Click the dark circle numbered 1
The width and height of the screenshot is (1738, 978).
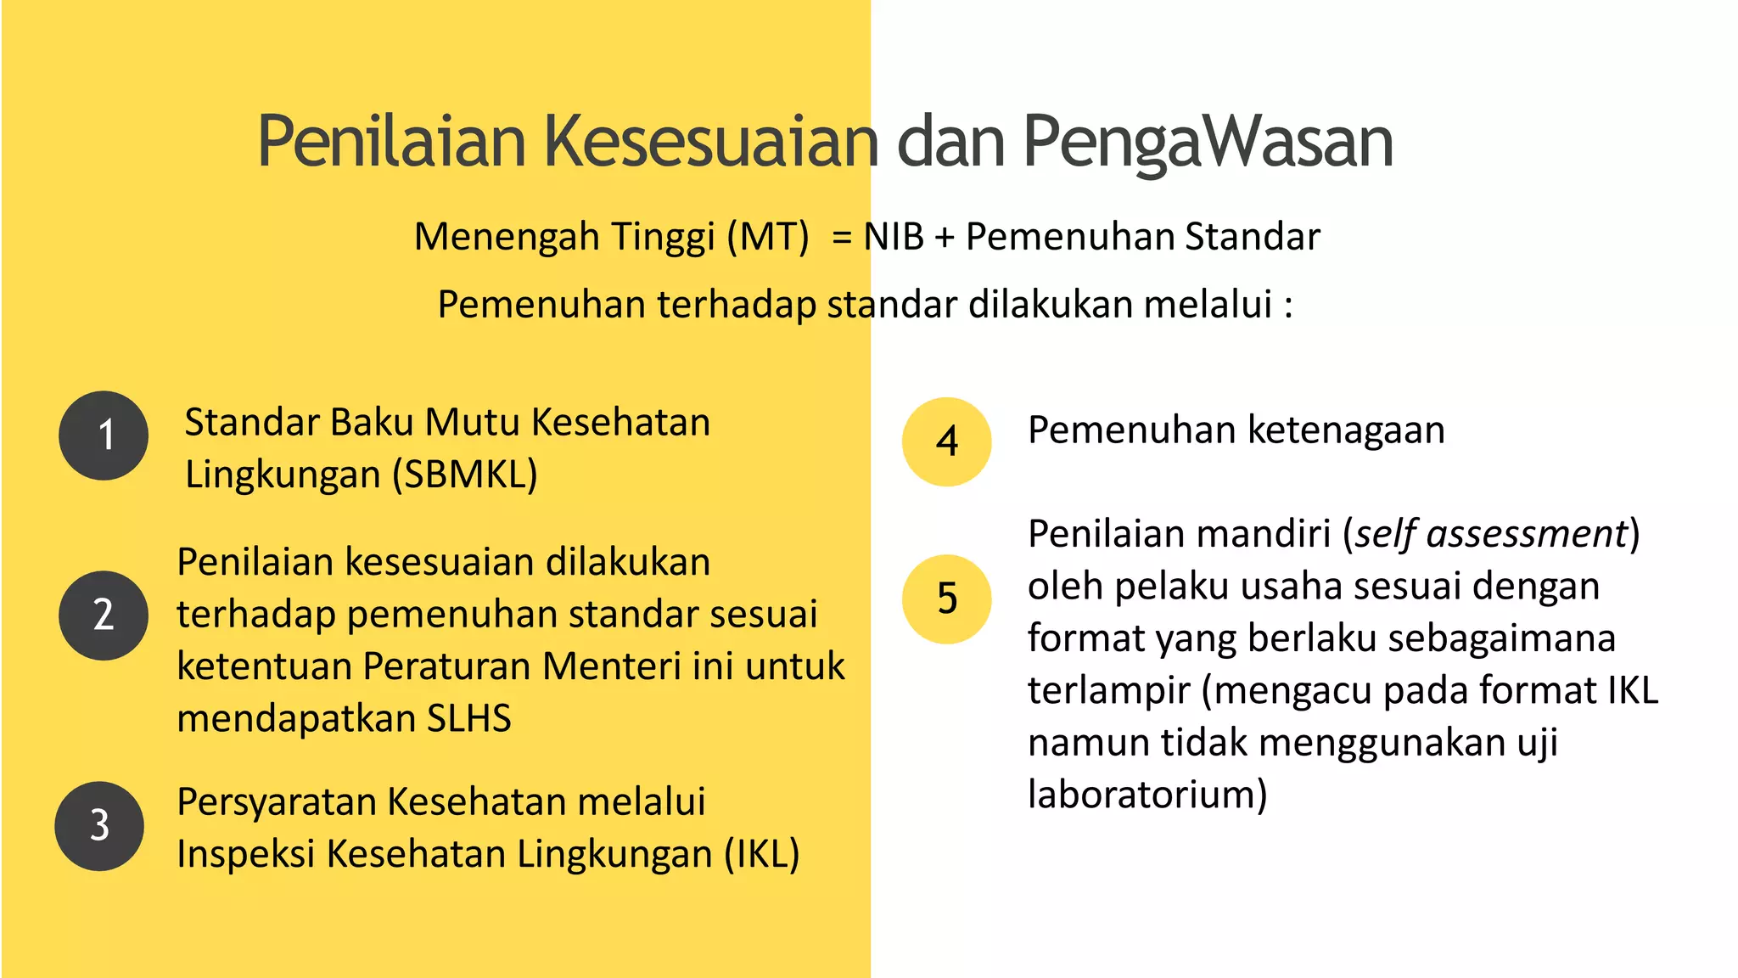104,436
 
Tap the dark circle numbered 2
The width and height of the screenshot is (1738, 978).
104,615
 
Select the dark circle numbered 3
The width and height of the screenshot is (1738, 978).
99,826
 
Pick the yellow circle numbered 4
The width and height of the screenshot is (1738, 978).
946,441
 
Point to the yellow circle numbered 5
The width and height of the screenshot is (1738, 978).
946,599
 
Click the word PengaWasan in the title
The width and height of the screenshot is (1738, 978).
1207,141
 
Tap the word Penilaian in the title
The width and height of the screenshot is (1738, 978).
391,141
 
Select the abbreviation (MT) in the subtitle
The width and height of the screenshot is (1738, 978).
767,237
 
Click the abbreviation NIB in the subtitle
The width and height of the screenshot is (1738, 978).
893,237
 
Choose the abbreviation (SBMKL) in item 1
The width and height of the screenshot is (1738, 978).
464,475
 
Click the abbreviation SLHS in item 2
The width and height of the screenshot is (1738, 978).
468,718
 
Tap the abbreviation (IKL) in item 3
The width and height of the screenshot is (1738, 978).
761,854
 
